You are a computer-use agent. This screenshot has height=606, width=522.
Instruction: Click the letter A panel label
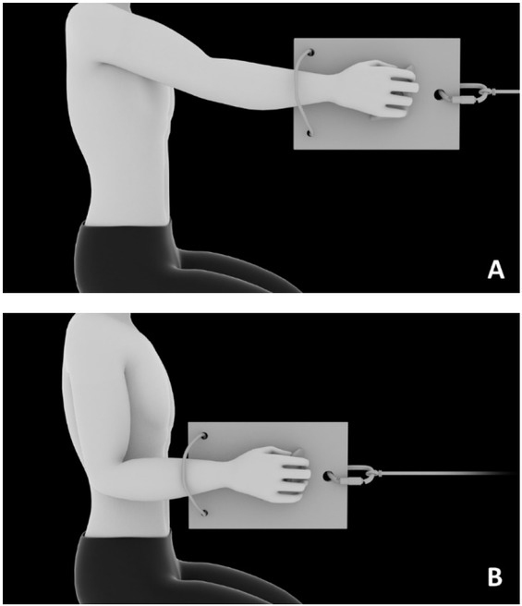click(496, 270)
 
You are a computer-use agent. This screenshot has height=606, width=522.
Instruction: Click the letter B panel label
click(495, 576)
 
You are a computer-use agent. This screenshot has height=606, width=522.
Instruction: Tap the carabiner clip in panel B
click(356, 476)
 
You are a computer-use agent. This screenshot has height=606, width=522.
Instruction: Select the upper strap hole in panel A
click(311, 52)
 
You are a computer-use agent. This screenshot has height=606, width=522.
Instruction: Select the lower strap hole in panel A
click(310, 133)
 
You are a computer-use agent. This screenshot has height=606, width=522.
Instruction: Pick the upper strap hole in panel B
click(205, 436)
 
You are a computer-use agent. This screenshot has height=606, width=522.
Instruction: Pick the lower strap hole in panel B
click(204, 514)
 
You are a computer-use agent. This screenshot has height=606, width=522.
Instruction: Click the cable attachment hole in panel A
click(439, 94)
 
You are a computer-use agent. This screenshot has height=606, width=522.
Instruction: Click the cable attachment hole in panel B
click(328, 476)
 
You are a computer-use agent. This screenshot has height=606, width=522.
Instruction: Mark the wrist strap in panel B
click(185, 473)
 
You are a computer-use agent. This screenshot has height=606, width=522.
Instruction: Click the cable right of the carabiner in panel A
click(506, 92)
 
